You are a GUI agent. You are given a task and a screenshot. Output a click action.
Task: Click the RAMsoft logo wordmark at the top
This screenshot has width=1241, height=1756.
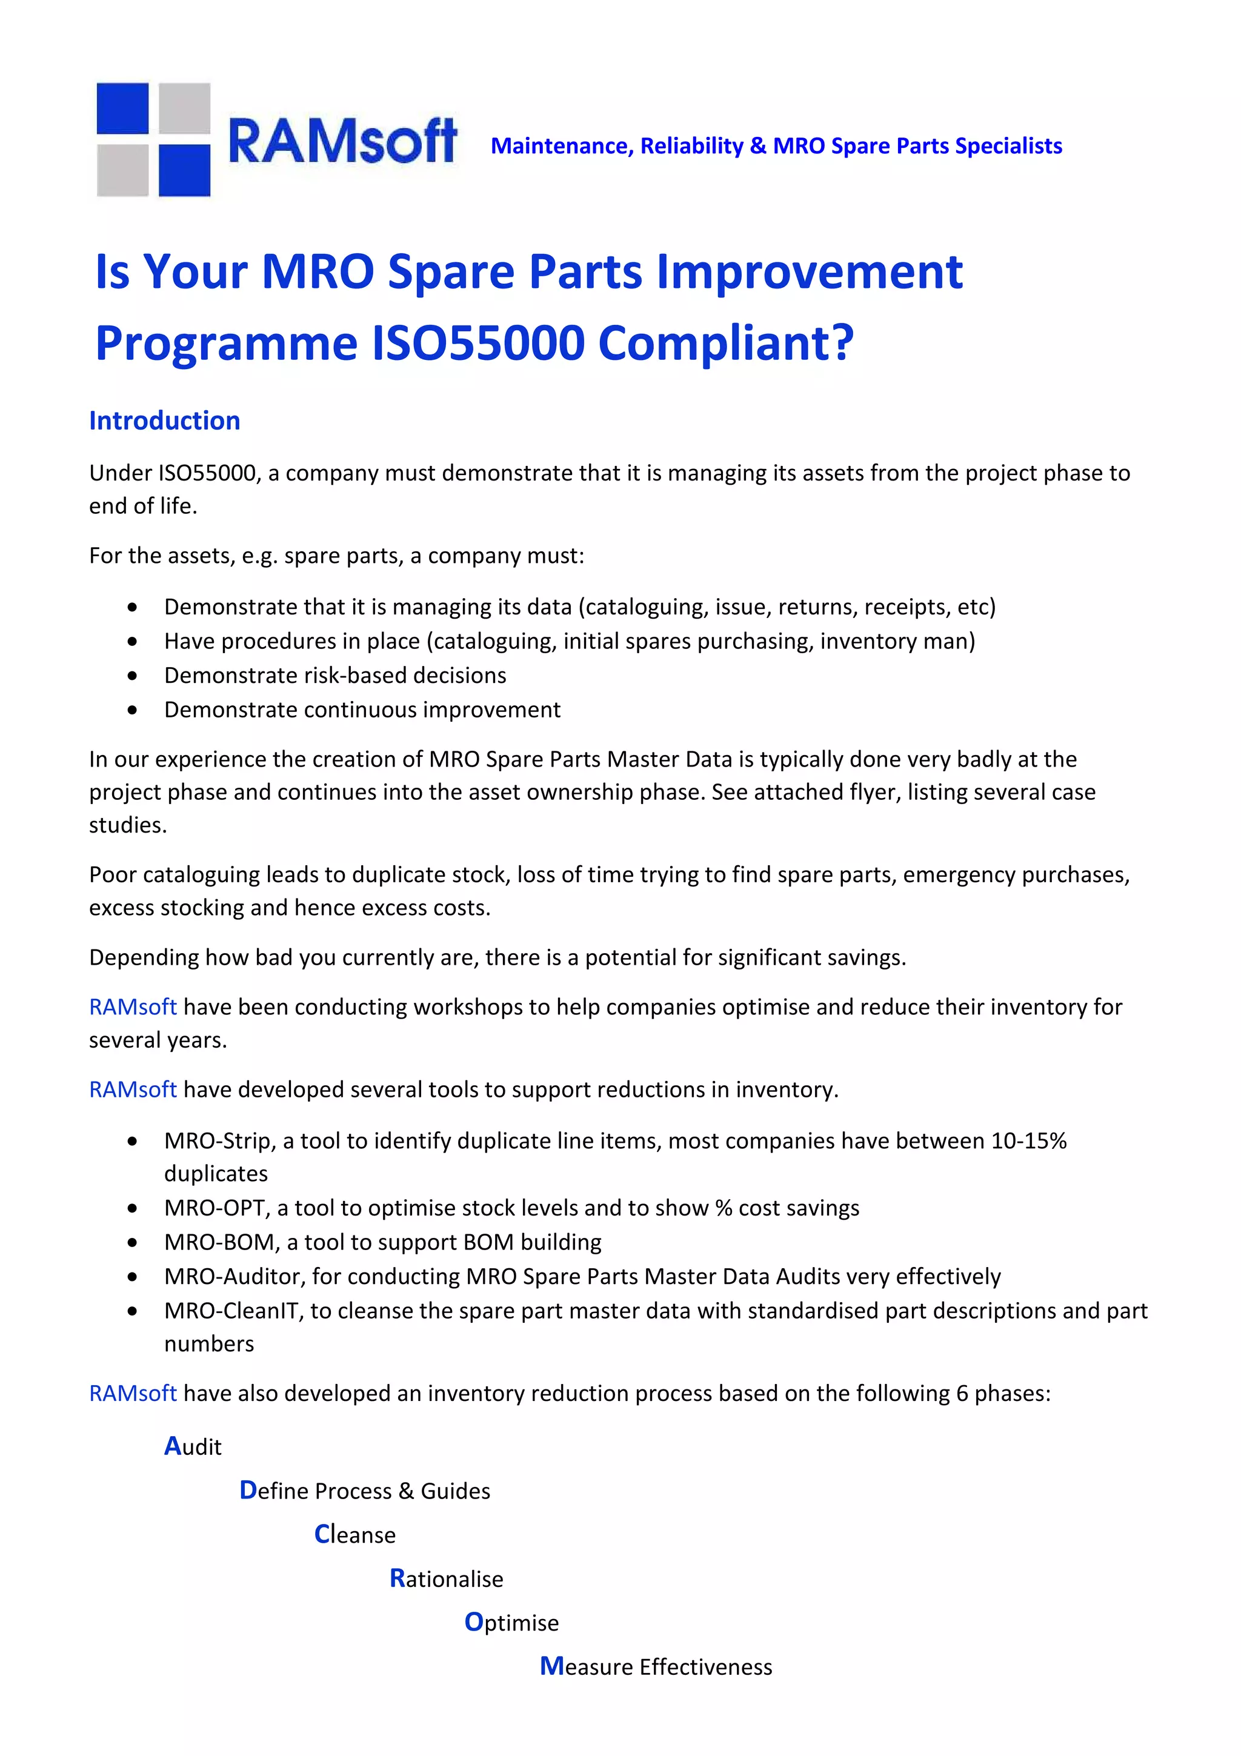click(342, 142)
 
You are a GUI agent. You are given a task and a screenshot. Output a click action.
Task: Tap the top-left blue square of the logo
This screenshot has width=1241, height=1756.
click(122, 108)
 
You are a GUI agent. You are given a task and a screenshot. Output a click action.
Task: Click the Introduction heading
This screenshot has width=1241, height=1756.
click(164, 421)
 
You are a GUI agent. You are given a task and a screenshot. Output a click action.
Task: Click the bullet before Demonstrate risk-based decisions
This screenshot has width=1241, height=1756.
click(133, 676)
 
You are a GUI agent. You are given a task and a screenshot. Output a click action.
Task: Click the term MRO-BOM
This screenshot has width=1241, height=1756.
click(219, 1242)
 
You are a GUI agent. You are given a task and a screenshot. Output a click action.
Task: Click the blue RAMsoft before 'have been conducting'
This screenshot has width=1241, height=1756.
click(133, 1006)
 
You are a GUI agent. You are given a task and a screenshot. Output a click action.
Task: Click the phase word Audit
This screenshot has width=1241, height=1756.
click(193, 1446)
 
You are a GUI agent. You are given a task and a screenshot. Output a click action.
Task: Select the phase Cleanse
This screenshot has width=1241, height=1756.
click(355, 1534)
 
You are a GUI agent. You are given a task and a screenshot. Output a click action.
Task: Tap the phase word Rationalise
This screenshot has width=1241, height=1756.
click(446, 1578)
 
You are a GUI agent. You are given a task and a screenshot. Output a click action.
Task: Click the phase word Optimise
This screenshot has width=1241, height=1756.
click(511, 1622)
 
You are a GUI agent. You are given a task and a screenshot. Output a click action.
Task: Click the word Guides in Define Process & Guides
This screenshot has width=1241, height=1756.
click(455, 1491)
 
